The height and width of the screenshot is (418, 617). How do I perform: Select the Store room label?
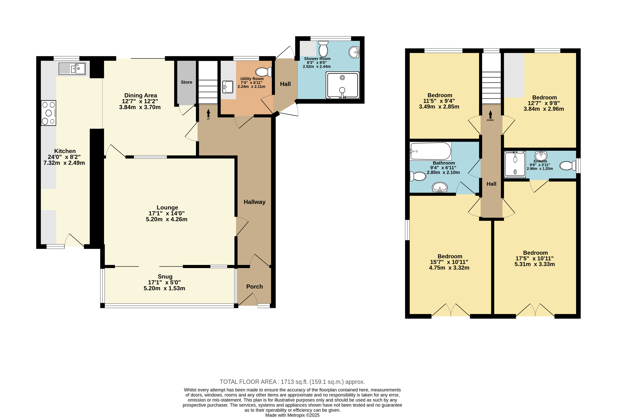point(186,82)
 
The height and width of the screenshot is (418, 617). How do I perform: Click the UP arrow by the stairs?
point(208,113)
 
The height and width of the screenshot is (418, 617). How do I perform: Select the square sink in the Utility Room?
point(228,87)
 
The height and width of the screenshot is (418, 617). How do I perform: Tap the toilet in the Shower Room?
point(323,49)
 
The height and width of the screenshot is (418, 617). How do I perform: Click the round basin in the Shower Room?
point(354,52)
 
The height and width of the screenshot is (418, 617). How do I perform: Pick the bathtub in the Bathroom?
point(431,151)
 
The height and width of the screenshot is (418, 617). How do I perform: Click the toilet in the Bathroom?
point(418,176)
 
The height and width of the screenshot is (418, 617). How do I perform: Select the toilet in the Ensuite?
point(568,166)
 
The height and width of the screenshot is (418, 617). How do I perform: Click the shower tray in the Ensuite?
point(515,164)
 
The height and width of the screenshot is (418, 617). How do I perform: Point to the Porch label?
point(255,287)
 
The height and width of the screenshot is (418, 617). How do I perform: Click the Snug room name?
point(165,277)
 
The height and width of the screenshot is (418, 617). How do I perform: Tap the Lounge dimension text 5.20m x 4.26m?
point(167,219)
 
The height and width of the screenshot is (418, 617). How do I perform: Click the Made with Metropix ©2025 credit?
point(292,415)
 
